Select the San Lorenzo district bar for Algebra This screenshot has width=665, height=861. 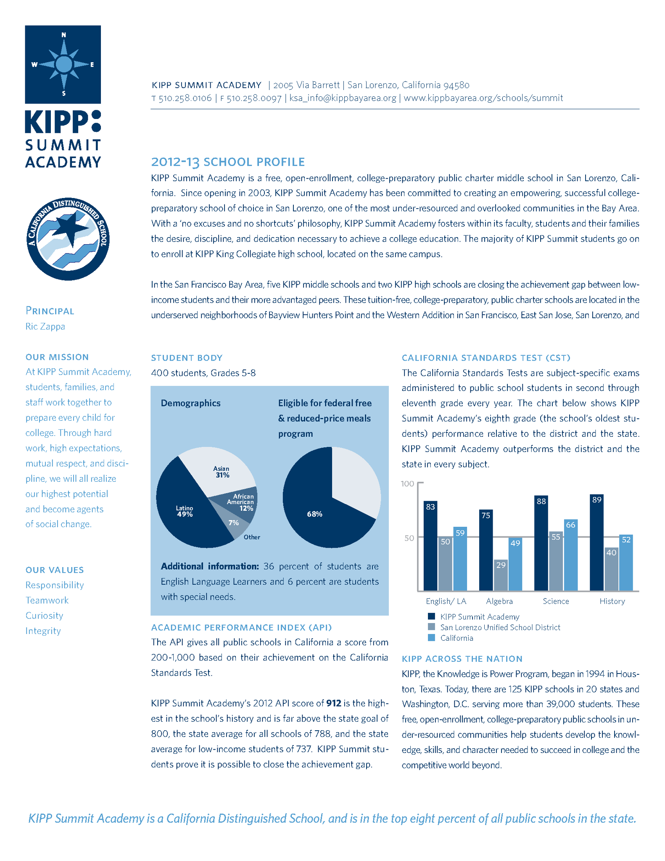(x=501, y=575)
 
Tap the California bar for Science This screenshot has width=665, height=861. (x=570, y=555)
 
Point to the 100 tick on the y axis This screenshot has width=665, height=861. (x=408, y=483)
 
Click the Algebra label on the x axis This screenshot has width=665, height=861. (x=499, y=601)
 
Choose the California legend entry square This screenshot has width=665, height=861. (x=431, y=638)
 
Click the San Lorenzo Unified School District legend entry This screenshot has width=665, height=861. (x=500, y=627)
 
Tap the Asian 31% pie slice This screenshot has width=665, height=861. (x=221, y=471)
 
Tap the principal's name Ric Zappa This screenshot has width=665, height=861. (x=45, y=327)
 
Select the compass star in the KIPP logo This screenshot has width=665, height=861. (x=63, y=64)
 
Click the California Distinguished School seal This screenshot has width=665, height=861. (x=68, y=239)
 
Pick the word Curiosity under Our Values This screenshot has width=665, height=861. (x=44, y=615)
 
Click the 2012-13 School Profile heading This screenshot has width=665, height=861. (x=228, y=162)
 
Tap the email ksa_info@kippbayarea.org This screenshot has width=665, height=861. (x=343, y=98)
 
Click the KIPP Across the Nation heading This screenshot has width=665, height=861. (x=462, y=659)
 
